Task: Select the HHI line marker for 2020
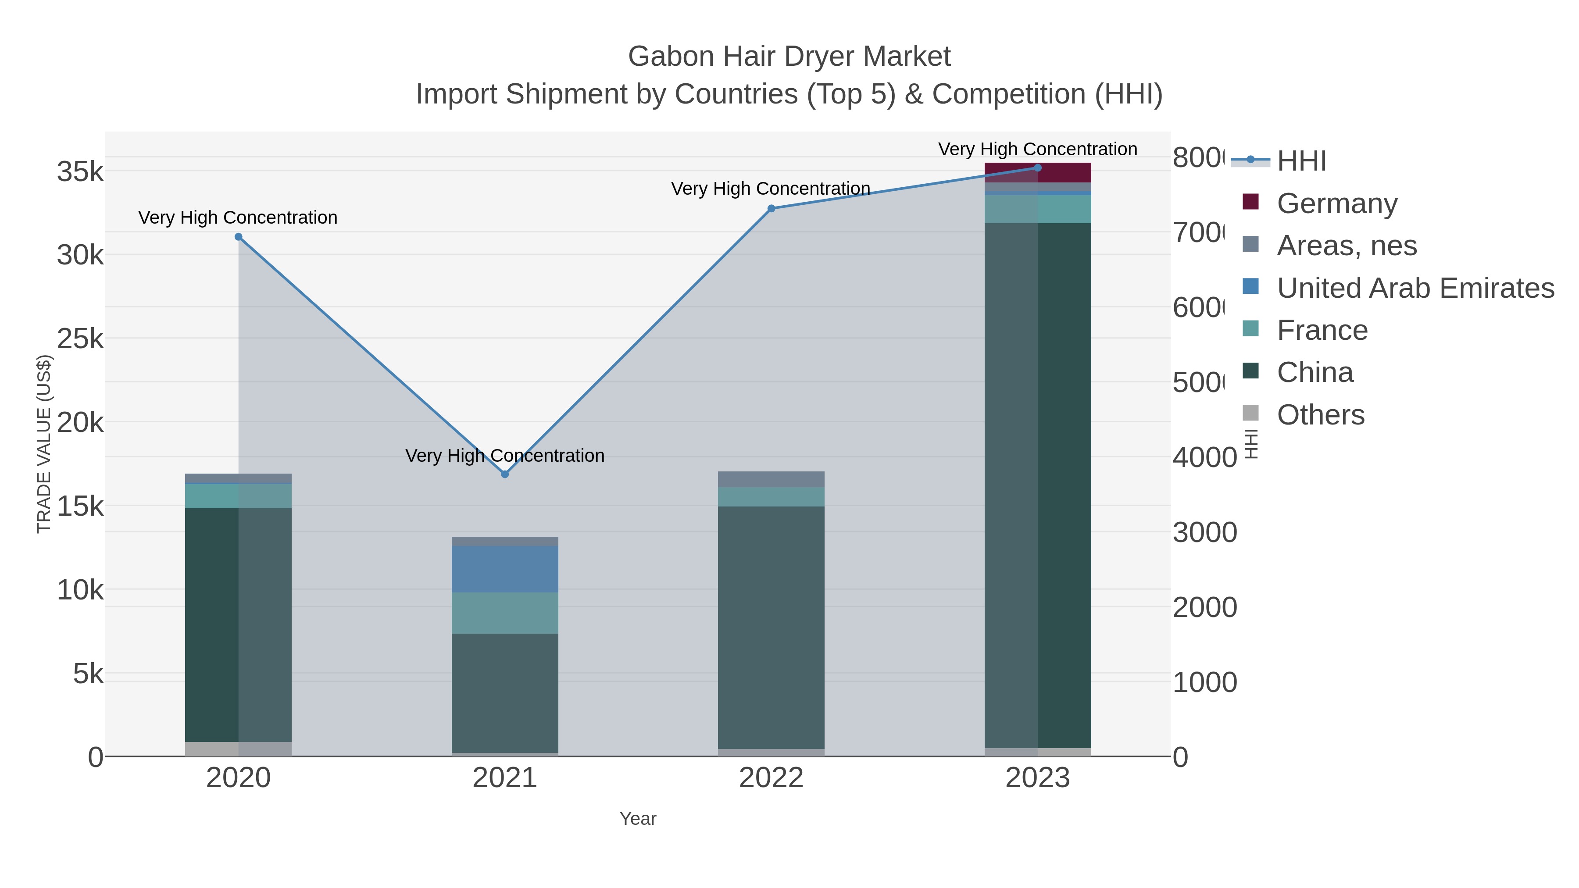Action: tap(239, 236)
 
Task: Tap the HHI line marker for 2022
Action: tap(771, 208)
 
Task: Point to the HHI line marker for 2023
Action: tap(1037, 168)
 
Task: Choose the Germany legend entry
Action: tap(1336, 203)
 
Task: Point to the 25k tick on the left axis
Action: tap(80, 338)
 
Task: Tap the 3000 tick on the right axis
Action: tap(1204, 532)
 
